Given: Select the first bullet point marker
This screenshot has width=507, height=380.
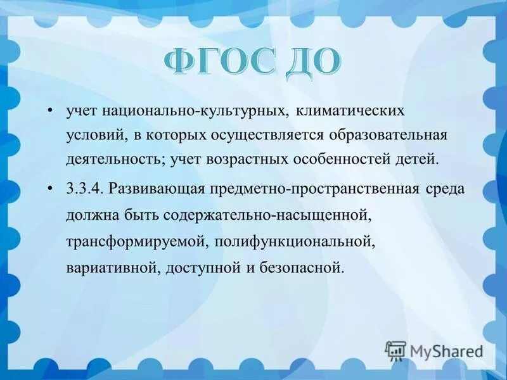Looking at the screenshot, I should click(x=51, y=111).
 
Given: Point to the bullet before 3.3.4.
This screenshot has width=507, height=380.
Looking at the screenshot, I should click(x=51, y=189).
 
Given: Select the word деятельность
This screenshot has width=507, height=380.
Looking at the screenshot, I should click(x=115, y=158).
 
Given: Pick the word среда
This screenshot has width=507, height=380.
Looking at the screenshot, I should click(x=443, y=189).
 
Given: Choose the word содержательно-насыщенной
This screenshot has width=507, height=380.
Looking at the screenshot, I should click(x=266, y=215).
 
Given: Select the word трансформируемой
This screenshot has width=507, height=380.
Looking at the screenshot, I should click(x=137, y=241).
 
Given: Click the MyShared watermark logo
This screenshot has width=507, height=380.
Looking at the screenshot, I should click(x=434, y=350).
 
